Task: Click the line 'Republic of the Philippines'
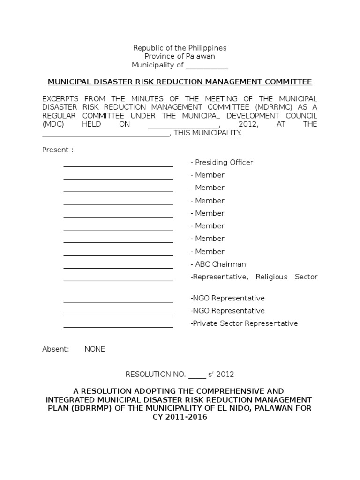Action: (x=180, y=48)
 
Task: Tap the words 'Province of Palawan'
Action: (x=180, y=56)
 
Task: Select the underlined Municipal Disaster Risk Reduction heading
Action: (x=180, y=82)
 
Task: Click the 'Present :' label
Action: (x=58, y=150)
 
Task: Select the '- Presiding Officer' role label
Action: (x=222, y=163)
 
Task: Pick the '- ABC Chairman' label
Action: (x=218, y=264)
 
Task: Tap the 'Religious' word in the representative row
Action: (x=271, y=277)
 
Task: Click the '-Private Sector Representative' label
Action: (x=244, y=323)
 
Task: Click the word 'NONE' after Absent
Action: (x=95, y=349)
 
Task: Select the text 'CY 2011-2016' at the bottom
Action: (x=180, y=417)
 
